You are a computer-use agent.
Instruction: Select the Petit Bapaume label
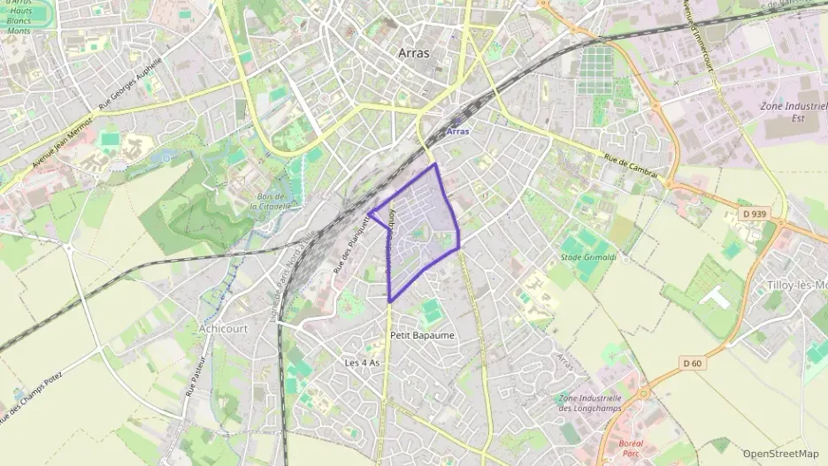pyautogui.click(x=422, y=336)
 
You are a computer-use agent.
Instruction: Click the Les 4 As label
pyautogui.click(x=362, y=363)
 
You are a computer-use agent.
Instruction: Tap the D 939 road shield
pyautogui.click(x=753, y=215)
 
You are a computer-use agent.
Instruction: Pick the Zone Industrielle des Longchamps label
pyautogui.click(x=590, y=403)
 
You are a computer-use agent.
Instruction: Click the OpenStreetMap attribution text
pyautogui.click(x=781, y=454)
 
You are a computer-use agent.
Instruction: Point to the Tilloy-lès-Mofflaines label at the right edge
pyautogui.click(x=795, y=285)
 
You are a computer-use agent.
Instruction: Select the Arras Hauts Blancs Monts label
pyautogui.click(x=19, y=17)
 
